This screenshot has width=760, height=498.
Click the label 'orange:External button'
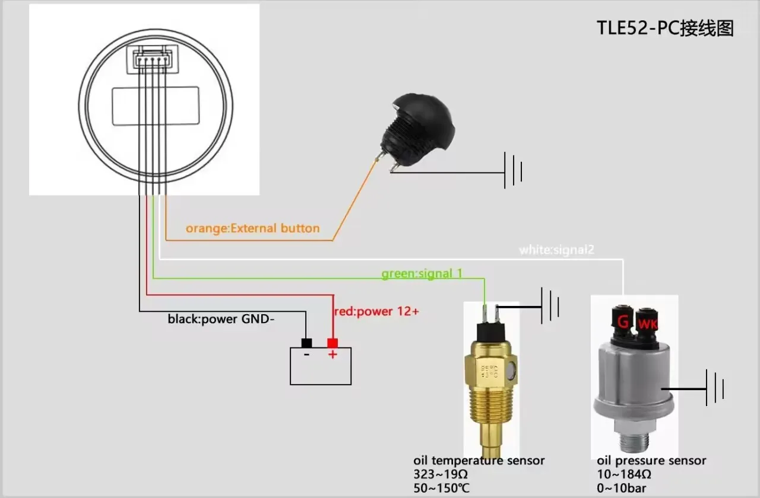(x=252, y=228)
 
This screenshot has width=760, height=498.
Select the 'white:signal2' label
(x=556, y=250)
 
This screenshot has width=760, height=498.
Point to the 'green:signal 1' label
(x=422, y=273)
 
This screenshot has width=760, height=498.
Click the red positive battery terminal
(x=332, y=343)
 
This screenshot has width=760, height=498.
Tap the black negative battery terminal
(x=307, y=343)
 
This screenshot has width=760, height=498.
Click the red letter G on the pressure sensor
(x=623, y=323)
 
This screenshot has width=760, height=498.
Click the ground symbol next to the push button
(x=513, y=171)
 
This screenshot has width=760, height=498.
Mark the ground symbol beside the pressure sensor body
(x=714, y=388)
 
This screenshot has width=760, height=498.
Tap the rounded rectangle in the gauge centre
(x=156, y=106)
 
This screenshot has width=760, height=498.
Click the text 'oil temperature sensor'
(x=479, y=461)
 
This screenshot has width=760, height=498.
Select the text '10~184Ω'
(x=624, y=474)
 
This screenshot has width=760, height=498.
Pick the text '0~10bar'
(x=622, y=488)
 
